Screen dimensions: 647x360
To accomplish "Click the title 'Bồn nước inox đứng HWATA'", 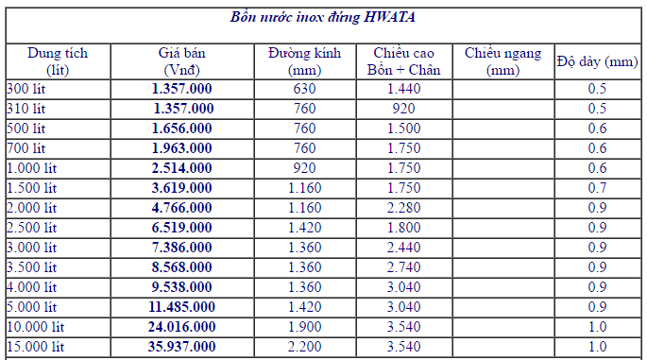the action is pos(324,17).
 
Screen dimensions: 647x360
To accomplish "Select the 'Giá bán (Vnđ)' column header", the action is pos(182,61).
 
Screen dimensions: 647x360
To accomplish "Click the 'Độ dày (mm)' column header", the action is pos(598,61).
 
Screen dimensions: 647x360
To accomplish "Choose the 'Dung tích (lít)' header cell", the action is pos(58,61).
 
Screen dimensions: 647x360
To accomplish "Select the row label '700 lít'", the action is pos(26,148).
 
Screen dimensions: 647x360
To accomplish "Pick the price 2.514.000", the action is pos(182,168).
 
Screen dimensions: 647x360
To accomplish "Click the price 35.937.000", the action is pos(182,347).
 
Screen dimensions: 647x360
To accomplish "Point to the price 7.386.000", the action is pos(182,248).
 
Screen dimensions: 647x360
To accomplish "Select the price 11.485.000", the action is pos(182,307).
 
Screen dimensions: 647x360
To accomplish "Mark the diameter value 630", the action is pos(304,89).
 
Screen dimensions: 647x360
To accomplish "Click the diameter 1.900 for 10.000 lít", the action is pos(304,327).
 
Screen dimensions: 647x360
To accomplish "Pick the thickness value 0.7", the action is pos(598,188).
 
